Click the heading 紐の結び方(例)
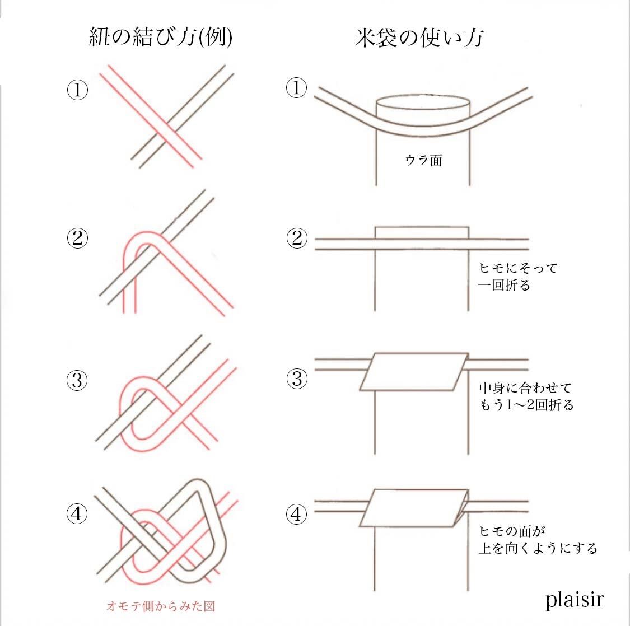pos(161,38)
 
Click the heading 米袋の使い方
pos(419,38)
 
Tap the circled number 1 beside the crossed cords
pos(77,90)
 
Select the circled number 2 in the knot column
pos(77,239)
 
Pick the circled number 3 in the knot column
pos(77,381)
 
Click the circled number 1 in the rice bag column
pos(297,88)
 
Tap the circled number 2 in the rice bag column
pos(297,239)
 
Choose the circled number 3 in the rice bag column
pos(297,379)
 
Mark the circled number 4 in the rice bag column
pos(297,513)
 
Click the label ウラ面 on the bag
pos(423,161)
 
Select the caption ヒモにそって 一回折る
pos(518,277)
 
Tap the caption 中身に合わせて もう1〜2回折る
pos(526,396)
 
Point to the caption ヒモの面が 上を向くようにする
pos(538,539)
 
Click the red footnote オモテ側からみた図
pos(161,606)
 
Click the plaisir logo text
pos(575,600)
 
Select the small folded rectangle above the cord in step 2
pos(422,232)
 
